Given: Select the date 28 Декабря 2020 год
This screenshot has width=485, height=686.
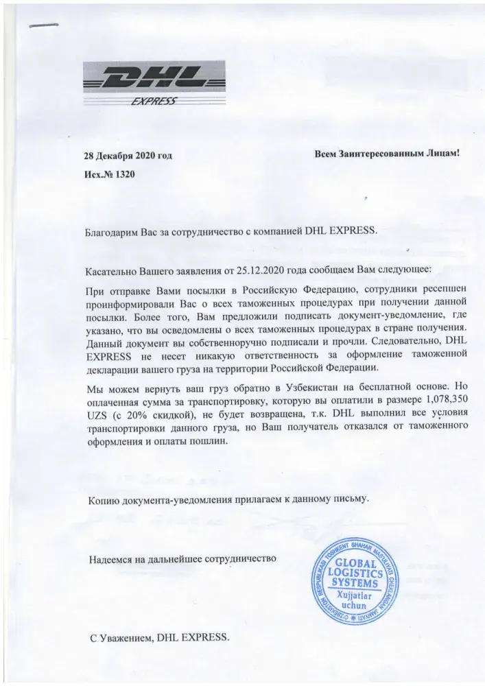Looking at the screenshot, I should point(128,156).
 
